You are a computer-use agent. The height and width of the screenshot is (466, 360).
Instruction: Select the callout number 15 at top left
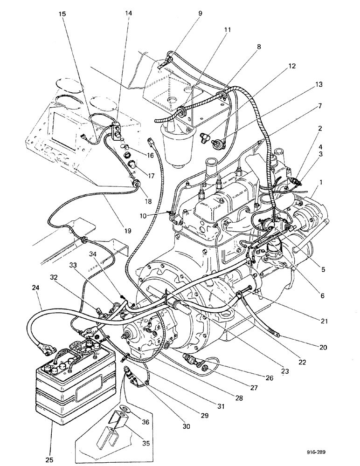point(62,14)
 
